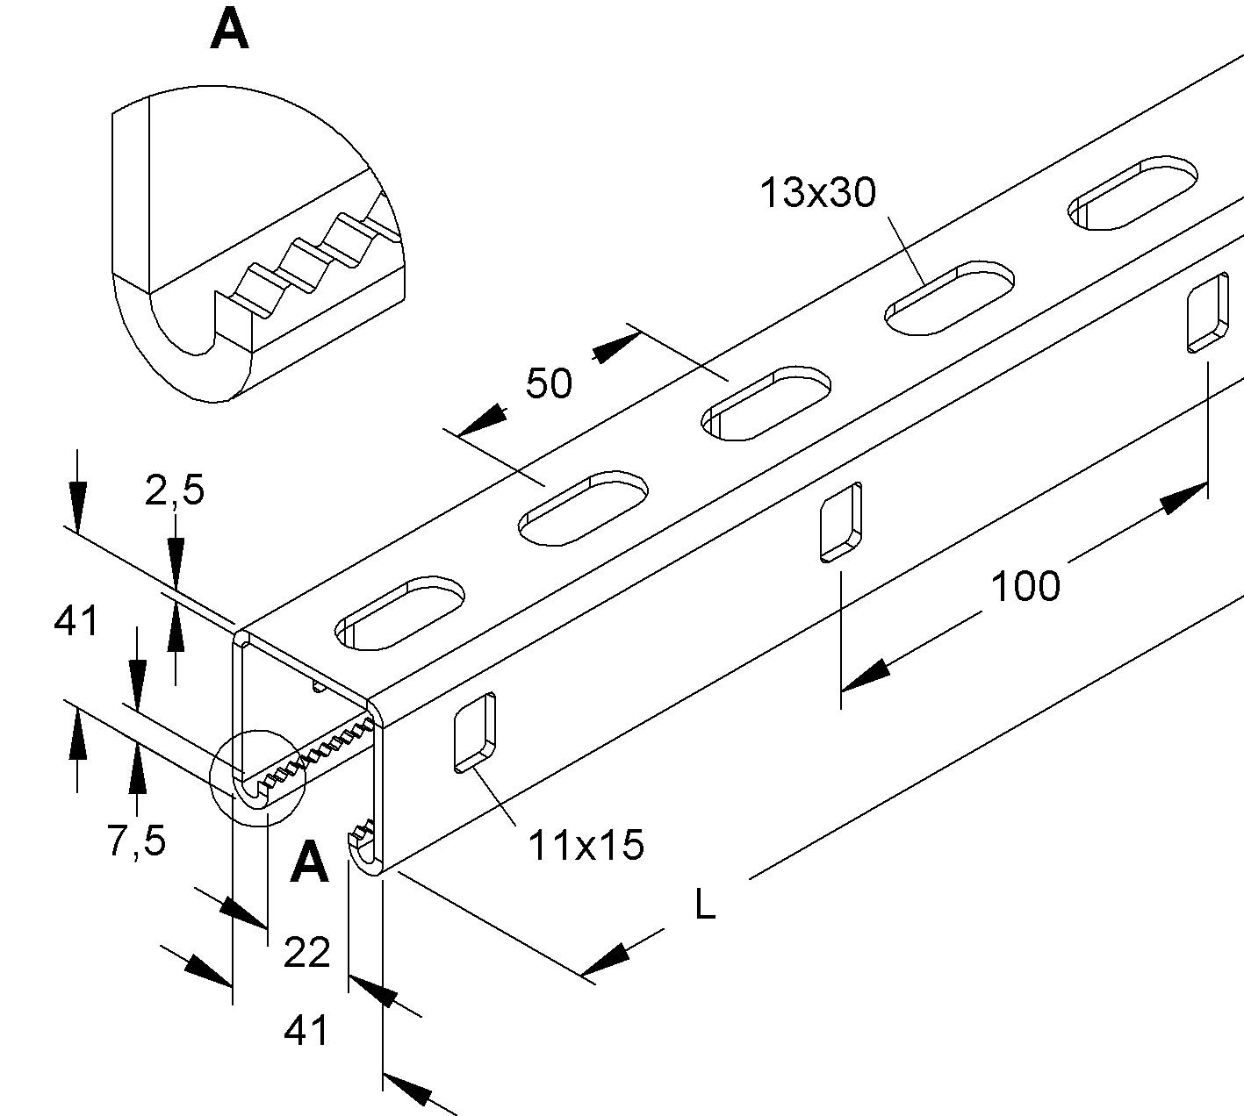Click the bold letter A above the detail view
click(230, 31)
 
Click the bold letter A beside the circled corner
click(309, 862)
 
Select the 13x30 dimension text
click(817, 192)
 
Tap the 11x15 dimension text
click(586, 846)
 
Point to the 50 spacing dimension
click(549, 383)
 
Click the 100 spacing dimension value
click(1025, 585)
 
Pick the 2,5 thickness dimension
click(175, 490)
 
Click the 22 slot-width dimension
click(306, 952)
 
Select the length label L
click(704, 905)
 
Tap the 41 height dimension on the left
click(76, 622)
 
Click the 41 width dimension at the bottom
click(306, 1031)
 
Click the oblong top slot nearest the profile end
click(399, 613)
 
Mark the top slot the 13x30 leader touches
click(950, 297)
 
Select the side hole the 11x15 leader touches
click(474, 733)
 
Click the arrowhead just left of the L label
click(606, 960)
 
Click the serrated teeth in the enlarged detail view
click(307, 254)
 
